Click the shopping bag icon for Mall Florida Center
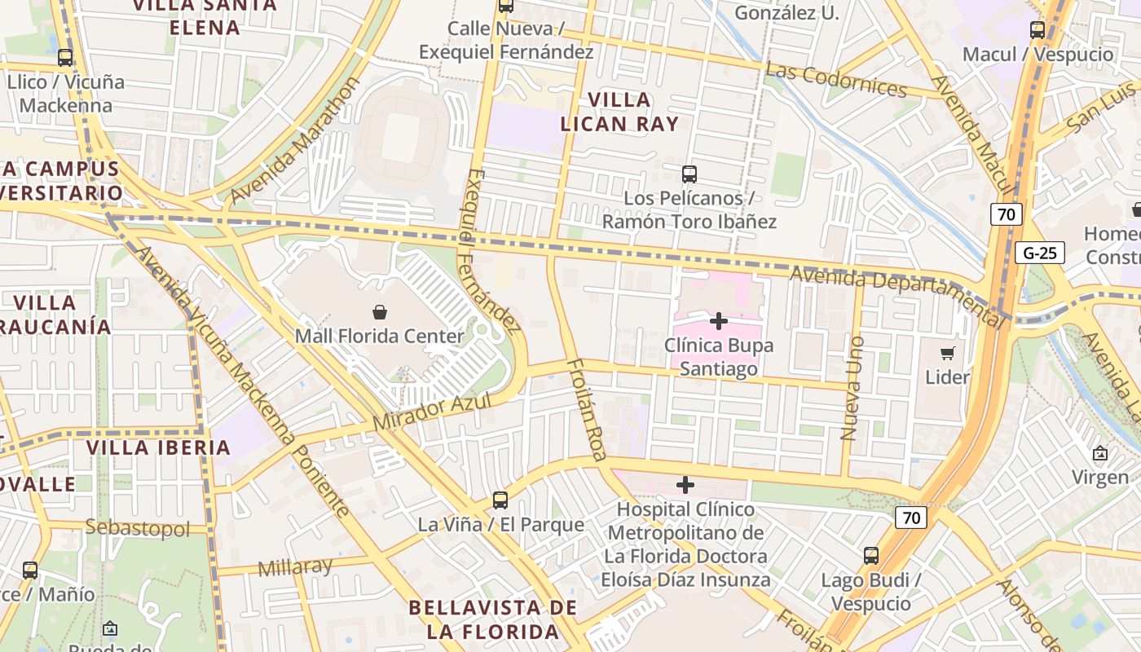(380, 312)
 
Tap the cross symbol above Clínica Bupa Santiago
(718, 321)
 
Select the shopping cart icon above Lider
(947, 353)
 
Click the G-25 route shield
(1040, 253)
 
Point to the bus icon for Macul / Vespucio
(1037, 30)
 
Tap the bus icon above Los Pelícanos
(689, 174)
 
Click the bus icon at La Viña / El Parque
(500, 500)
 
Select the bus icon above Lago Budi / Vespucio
(871, 556)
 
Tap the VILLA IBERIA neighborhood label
(159, 447)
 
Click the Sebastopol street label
(137, 528)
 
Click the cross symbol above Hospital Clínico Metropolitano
(685, 485)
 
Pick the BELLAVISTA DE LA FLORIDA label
(493, 619)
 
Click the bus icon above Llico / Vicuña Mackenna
(65, 58)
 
